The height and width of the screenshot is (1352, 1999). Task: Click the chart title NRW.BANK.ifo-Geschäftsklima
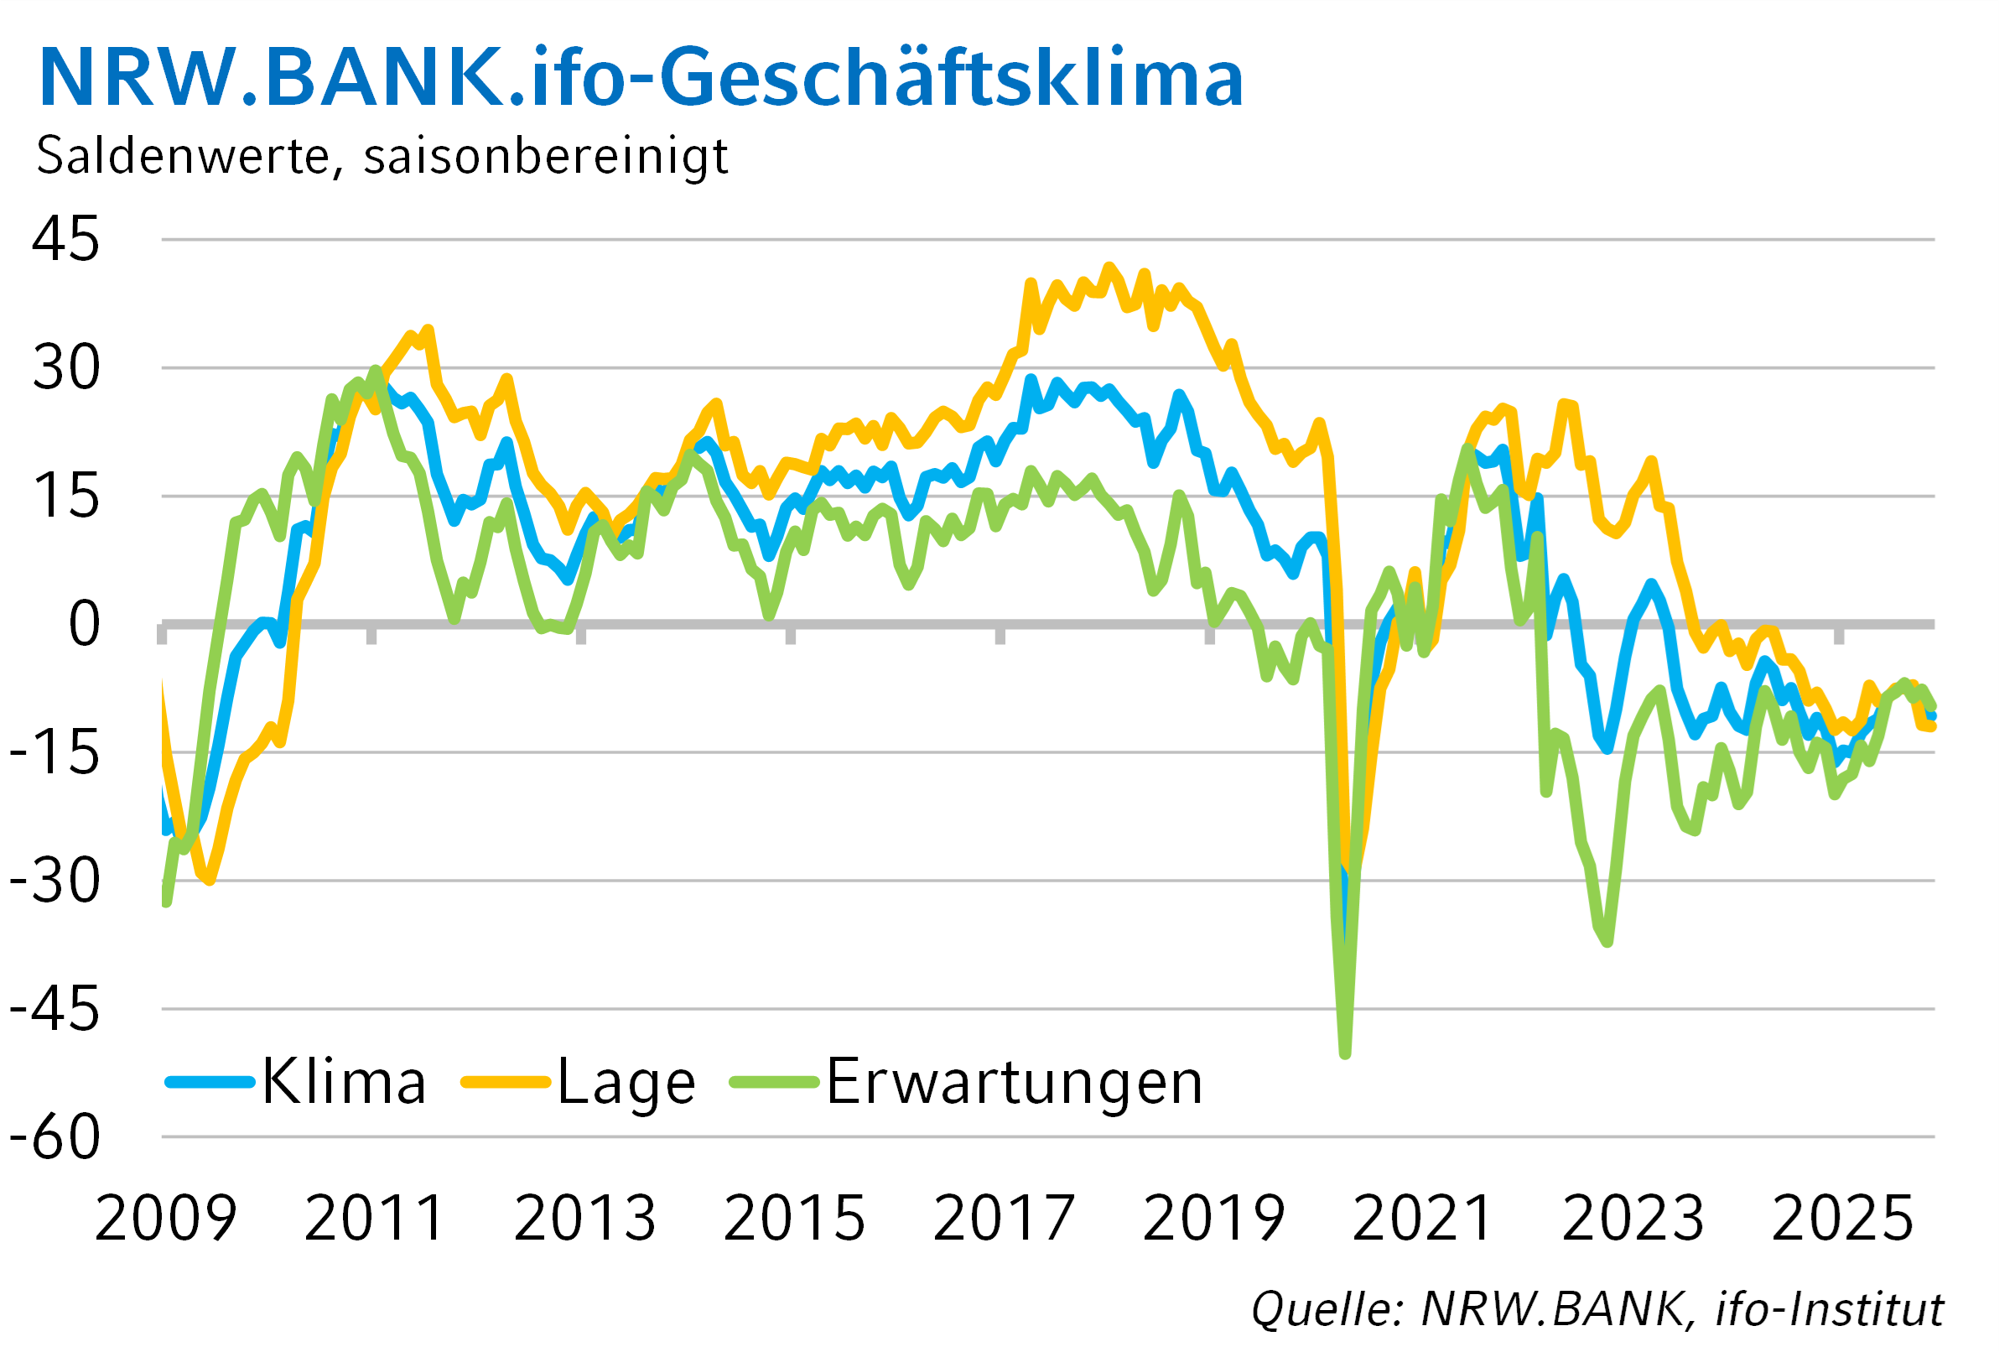[641, 77]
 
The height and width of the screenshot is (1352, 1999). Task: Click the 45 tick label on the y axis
[65, 239]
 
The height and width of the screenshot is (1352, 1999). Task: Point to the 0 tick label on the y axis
[84, 624]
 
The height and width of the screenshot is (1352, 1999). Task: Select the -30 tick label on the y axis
[55, 881]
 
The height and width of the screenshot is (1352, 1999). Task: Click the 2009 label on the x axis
[165, 1219]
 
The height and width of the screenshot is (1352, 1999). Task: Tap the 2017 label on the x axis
[1003, 1219]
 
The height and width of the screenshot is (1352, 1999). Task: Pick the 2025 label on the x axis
[1842, 1219]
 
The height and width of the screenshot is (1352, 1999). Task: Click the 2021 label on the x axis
[1423, 1219]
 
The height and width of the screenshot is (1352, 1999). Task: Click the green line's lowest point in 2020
[1345, 1053]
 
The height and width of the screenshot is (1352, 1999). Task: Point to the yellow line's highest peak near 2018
[1109, 268]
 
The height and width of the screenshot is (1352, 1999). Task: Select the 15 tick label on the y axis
[65, 497]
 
